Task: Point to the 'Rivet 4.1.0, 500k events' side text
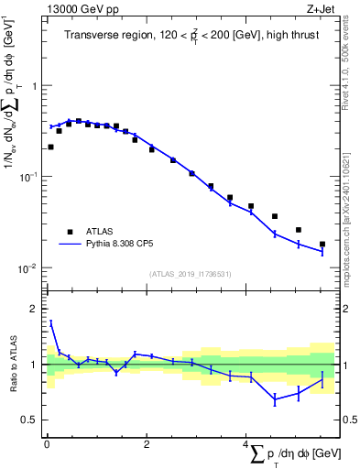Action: (351, 83)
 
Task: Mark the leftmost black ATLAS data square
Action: (50, 147)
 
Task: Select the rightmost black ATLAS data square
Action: (322, 245)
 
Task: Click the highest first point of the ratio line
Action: (51, 322)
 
